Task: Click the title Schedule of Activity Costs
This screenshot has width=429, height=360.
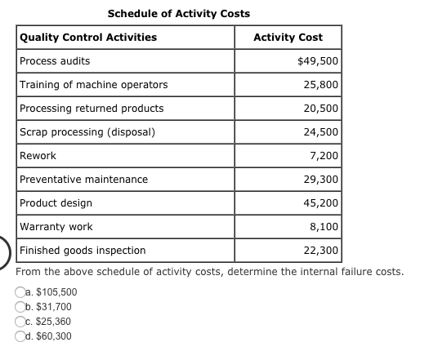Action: click(x=179, y=14)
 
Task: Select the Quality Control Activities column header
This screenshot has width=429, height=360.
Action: click(x=88, y=38)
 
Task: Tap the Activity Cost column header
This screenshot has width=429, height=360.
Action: click(x=288, y=38)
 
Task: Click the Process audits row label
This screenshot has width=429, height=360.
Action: click(x=55, y=61)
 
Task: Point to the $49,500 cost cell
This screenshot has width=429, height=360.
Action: click(x=319, y=61)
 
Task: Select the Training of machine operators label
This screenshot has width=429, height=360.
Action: click(x=93, y=85)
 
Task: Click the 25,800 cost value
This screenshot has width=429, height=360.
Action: click(x=322, y=85)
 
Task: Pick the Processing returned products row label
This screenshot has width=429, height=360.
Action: click(x=92, y=109)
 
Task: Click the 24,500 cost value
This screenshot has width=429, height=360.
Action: click(x=322, y=132)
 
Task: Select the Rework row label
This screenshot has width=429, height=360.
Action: click(x=38, y=156)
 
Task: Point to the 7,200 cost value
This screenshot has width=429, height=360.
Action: click(x=324, y=156)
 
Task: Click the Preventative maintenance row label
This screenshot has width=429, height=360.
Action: click(x=83, y=179)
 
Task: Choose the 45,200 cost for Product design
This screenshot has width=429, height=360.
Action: click(x=322, y=202)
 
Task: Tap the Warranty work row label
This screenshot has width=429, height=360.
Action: click(x=56, y=226)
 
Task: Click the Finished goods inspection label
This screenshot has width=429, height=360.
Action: click(x=83, y=250)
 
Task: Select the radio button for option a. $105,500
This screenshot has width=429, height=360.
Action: click(x=20, y=292)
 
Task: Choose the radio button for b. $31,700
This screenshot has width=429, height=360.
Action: click(x=20, y=307)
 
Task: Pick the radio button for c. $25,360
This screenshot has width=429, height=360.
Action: click(x=20, y=322)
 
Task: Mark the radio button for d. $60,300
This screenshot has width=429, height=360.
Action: click(x=20, y=336)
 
